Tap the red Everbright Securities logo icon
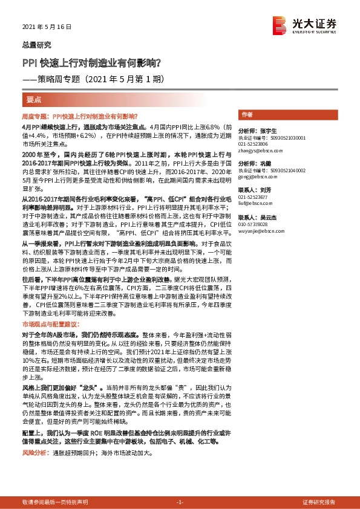point(280,25)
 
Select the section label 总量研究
point(37,45)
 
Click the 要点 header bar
point(34,99)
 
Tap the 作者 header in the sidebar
point(247,114)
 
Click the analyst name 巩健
point(264,164)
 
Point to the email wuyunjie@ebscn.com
point(260,230)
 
